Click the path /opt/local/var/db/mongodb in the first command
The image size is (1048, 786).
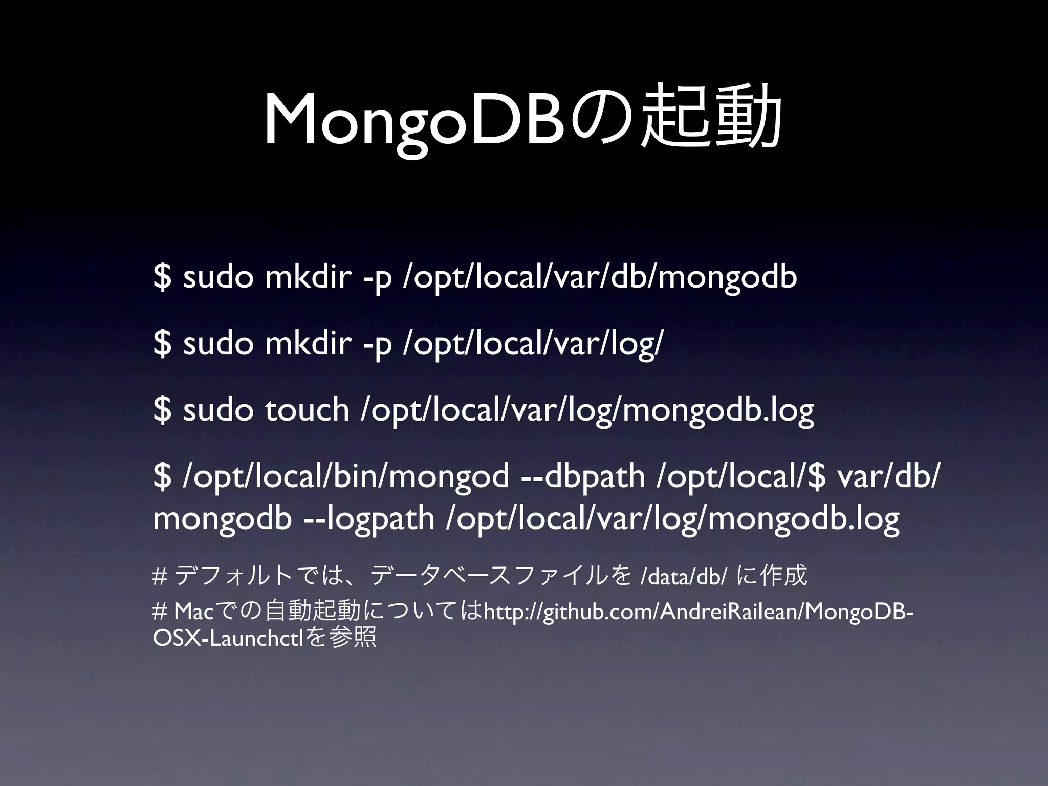[x=600, y=277]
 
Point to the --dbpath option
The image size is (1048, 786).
[x=583, y=476]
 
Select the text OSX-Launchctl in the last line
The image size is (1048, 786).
[x=230, y=639]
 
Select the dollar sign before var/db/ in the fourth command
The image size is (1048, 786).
[x=817, y=476]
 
